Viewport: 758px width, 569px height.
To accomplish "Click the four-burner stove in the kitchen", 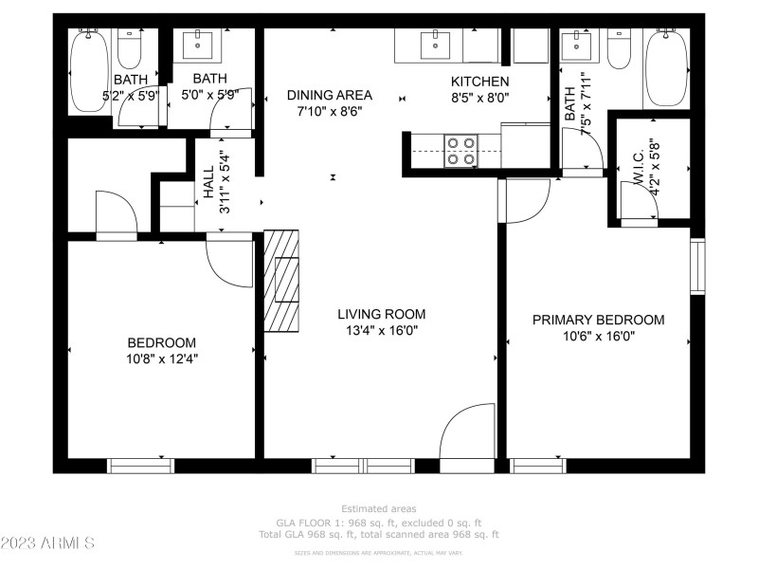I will coord(460,151).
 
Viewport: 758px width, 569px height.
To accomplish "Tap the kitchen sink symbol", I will coord(435,42).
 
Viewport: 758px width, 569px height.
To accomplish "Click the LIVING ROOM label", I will coord(382,314).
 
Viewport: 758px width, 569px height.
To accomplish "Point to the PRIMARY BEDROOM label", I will coord(598,320).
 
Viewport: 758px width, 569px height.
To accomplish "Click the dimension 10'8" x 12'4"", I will coord(162,358).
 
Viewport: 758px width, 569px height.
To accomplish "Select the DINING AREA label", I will coord(330,95).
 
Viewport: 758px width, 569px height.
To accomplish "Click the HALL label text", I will coord(208,182).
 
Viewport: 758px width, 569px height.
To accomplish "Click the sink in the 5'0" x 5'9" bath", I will coord(200,42).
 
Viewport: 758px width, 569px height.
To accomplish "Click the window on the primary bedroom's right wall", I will coord(698,266).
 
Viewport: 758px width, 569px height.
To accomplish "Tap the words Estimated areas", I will coord(379,509).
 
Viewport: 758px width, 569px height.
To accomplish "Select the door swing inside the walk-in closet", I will coord(638,201).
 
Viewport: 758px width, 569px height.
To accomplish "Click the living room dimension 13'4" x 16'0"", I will coord(382,331).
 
